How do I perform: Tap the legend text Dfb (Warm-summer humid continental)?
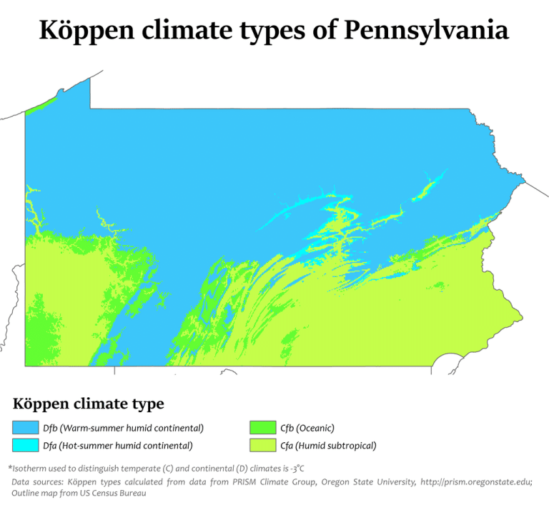(x=123, y=428)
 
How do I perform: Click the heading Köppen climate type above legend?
(x=88, y=404)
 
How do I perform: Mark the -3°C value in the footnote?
(x=295, y=469)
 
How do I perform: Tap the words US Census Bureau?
(x=114, y=493)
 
